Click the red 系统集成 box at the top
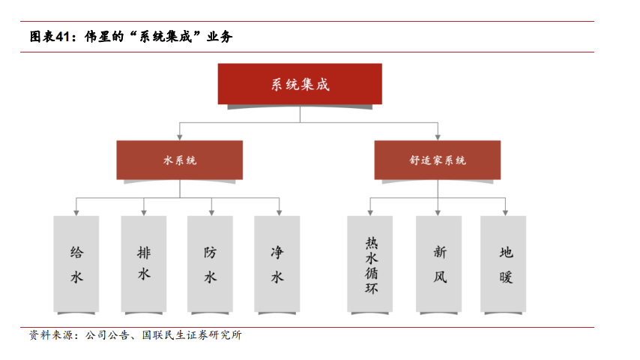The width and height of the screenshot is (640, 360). tap(300, 83)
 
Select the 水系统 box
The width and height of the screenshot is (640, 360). tap(180, 160)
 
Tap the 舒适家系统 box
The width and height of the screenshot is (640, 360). tap(438, 160)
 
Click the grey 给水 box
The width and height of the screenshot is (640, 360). tap(76, 264)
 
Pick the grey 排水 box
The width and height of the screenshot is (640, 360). tap(144, 264)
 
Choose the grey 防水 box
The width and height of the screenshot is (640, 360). tap(211, 264)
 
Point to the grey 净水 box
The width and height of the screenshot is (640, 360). tap(277, 264)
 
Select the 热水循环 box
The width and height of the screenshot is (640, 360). tap(371, 264)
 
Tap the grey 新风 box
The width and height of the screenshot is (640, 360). tap(439, 264)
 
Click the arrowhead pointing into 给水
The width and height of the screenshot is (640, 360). tap(76, 211)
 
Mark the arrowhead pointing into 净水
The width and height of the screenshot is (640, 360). tap(278, 211)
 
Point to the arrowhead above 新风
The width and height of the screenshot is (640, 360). tap(438, 211)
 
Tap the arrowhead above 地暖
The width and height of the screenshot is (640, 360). tap(506, 211)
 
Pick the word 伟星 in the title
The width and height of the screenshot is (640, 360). tap(96, 36)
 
